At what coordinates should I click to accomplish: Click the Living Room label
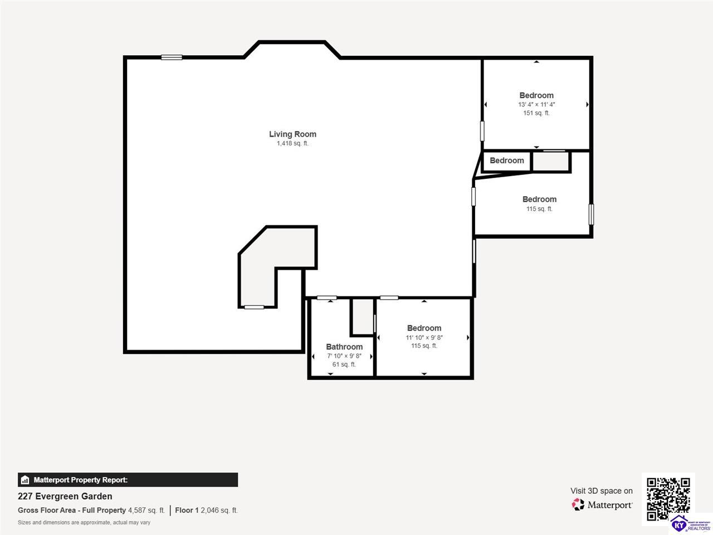pos(292,134)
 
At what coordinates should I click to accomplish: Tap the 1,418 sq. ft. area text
pos(292,143)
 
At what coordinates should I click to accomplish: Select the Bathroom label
pos(344,347)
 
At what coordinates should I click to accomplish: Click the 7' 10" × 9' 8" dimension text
pos(344,356)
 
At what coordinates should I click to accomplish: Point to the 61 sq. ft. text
pos(344,364)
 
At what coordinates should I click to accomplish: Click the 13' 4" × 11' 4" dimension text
pos(536,105)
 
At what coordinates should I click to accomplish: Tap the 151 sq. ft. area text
pos(536,113)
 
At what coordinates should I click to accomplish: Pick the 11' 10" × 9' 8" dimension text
pos(424,338)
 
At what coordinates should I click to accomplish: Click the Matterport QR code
pos(668,499)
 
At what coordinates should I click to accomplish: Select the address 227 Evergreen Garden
pos(65,497)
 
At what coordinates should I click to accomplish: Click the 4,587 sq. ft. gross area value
pos(146,510)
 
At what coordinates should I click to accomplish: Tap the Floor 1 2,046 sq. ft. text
pos(207,510)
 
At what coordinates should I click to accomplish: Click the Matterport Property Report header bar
pos(128,480)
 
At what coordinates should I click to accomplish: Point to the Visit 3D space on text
pos(602,491)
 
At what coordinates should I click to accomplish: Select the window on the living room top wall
pos(172,57)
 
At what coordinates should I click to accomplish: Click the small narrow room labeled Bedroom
pos(506,162)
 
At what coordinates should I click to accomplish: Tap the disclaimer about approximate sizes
pos(84,523)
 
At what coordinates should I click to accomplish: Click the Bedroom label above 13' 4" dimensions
pos(536,95)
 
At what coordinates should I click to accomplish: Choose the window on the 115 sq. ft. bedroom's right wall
pos(591,215)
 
